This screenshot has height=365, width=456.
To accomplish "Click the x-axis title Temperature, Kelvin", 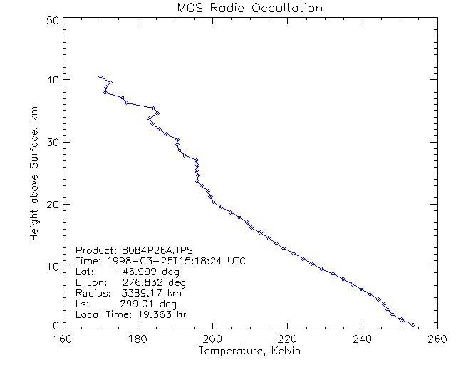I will pos(249,351).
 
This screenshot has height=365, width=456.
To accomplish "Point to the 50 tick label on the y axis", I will pos(51,20).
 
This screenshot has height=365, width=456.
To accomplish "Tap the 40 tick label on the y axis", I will pos(51,79).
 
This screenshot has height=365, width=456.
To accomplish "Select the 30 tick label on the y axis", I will pos(51,142).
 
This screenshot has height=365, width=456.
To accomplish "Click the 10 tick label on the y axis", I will pos(51,267).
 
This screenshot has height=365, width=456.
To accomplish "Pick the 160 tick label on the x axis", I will pos(63,338).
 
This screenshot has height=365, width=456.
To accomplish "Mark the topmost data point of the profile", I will pos(100,76).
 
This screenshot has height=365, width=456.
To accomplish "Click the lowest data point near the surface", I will pos(413,324).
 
